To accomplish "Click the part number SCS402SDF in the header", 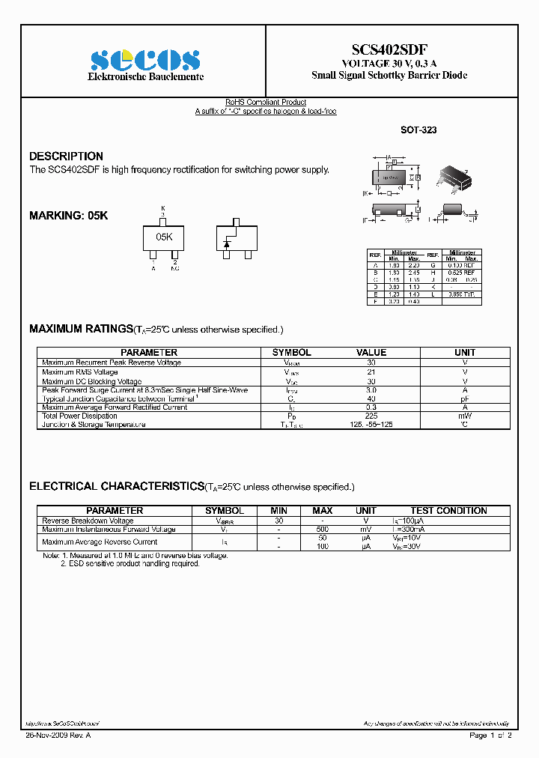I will pyautogui.click(x=389, y=49).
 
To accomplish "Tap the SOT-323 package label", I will pyautogui.click(x=418, y=130).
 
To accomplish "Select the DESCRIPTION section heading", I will pyautogui.click(x=66, y=156).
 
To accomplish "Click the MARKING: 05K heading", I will pyautogui.click(x=68, y=215).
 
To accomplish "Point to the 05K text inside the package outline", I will pyautogui.click(x=164, y=236).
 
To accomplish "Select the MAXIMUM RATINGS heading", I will pyautogui.click(x=80, y=329).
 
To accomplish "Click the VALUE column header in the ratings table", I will pyautogui.click(x=371, y=352).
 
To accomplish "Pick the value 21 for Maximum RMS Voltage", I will pyautogui.click(x=371, y=372).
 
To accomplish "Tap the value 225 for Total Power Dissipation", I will pyautogui.click(x=371, y=416).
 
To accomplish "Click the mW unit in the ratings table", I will pyautogui.click(x=465, y=416).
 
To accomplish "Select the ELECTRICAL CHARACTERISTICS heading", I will pyautogui.click(x=116, y=486).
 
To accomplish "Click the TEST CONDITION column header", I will pyautogui.click(x=448, y=511).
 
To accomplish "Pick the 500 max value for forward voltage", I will pyautogui.click(x=323, y=530).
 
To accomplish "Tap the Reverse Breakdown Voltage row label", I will pyautogui.click(x=88, y=521).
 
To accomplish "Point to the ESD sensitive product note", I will pyautogui.click(x=130, y=564).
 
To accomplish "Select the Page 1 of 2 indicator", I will pyautogui.click(x=490, y=736).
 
